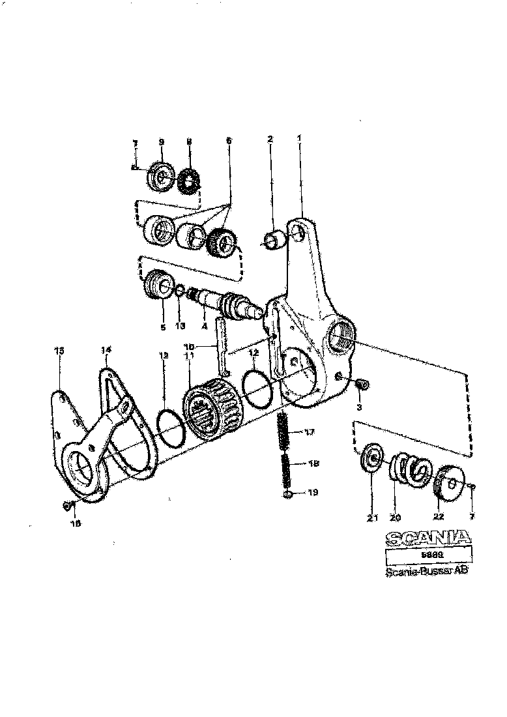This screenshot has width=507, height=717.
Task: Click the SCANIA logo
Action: pyautogui.click(x=427, y=537)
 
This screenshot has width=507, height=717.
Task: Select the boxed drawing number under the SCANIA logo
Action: pyautogui.click(x=427, y=555)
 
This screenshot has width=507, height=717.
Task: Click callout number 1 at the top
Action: pyautogui.click(x=299, y=138)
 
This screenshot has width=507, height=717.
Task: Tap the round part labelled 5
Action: pyautogui.click(x=156, y=285)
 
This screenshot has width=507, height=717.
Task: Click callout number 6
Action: pyautogui.click(x=228, y=141)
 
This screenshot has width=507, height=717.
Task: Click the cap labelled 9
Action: pyautogui.click(x=159, y=176)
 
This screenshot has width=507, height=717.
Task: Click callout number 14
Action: pyautogui.click(x=106, y=350)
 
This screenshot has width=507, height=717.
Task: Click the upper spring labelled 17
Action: pyautogui.click(x=283, y=431)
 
